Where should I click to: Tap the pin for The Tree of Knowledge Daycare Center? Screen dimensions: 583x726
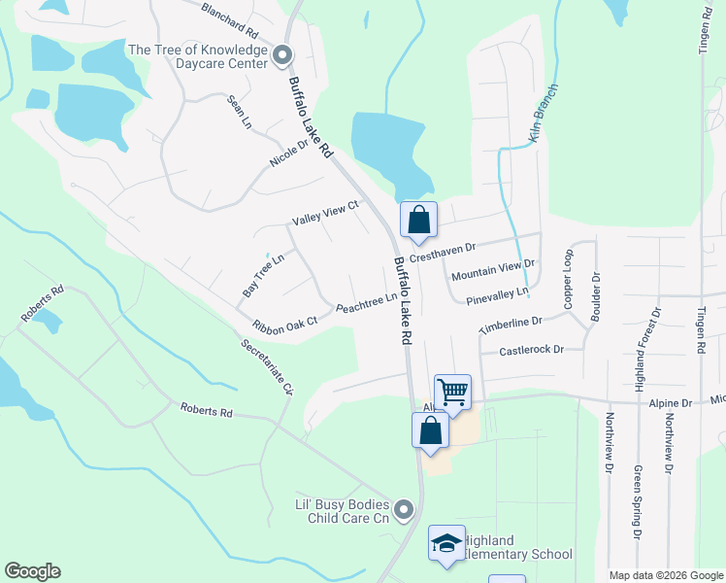(x=283, y=55)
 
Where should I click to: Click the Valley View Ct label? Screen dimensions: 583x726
(x=326, y=213)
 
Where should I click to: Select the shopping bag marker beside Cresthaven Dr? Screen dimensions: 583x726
(x=418, y=221)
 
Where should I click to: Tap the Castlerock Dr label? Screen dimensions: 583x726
(x=531, y=351)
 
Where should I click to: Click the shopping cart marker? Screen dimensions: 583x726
(x=452, y=393)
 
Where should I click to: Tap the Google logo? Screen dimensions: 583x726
(x=32, y=571)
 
